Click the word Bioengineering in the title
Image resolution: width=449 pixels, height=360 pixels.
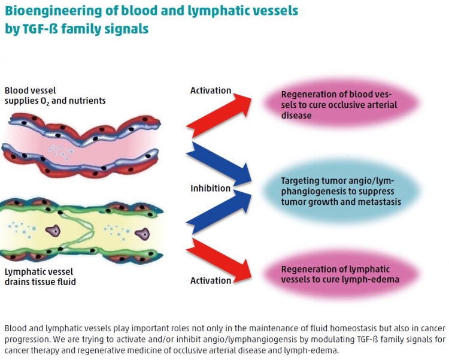coord(49,11)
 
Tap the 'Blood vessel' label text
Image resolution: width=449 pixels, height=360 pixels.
coord(30,90)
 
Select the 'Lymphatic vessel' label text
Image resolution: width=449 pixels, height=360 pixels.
coord(39,272)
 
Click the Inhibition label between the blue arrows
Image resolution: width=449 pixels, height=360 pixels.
coord(211,188)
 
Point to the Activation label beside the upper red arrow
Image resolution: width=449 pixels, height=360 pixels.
coord(211,90)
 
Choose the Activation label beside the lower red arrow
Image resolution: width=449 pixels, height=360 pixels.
coord(211,280)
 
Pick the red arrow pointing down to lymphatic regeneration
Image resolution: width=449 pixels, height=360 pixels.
coord(219,259)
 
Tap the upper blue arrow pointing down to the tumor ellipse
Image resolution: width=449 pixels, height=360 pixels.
coord(219,164)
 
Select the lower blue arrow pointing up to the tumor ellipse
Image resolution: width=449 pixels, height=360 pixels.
coord(219,211)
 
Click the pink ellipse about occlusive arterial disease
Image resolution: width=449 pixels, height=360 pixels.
coord(341,104)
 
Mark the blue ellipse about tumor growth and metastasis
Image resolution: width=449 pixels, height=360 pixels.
coord(341,191)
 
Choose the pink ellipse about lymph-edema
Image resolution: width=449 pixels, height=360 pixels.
coord(341,274)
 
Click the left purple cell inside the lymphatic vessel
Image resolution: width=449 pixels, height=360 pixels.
coord(53,231)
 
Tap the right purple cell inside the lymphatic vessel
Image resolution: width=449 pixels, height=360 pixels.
coord(142,234)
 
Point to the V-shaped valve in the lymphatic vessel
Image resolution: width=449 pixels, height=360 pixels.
coord(77,230)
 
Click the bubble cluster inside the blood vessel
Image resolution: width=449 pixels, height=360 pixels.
coord(60,152)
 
